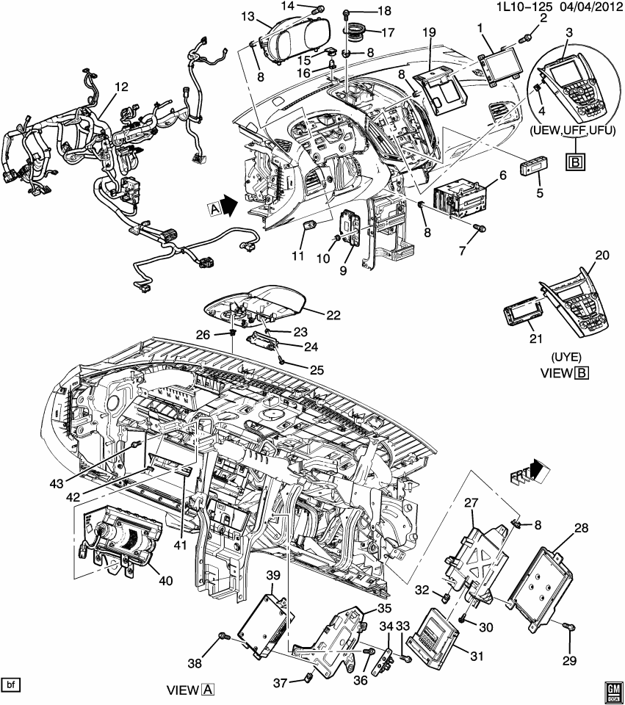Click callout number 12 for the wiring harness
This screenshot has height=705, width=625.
[120, 87]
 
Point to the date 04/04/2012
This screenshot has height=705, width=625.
[582, 6]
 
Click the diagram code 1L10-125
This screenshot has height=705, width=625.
[523, 6]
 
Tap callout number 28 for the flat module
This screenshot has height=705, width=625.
[582, 528]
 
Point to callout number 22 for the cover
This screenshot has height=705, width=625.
[334, 315]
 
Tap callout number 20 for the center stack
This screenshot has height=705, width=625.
[602, 255]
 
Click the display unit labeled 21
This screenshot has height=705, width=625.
[524, 316]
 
